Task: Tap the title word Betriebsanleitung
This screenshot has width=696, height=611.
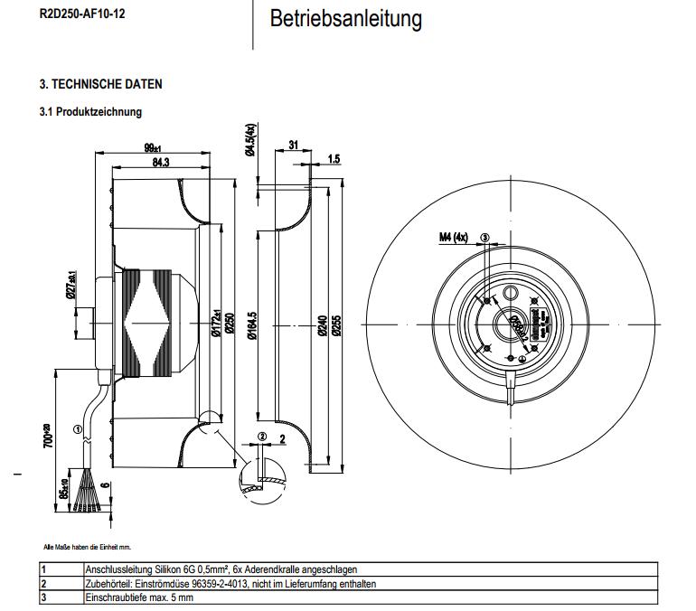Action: point(345,19)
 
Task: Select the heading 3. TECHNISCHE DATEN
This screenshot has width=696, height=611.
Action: point(100,84)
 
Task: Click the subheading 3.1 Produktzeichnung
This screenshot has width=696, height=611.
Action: point(90,112)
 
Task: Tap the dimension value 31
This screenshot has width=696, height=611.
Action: point(293,145)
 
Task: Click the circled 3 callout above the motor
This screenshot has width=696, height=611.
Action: point(485,239)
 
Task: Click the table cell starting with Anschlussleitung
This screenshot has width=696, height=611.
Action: point(221,570)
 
